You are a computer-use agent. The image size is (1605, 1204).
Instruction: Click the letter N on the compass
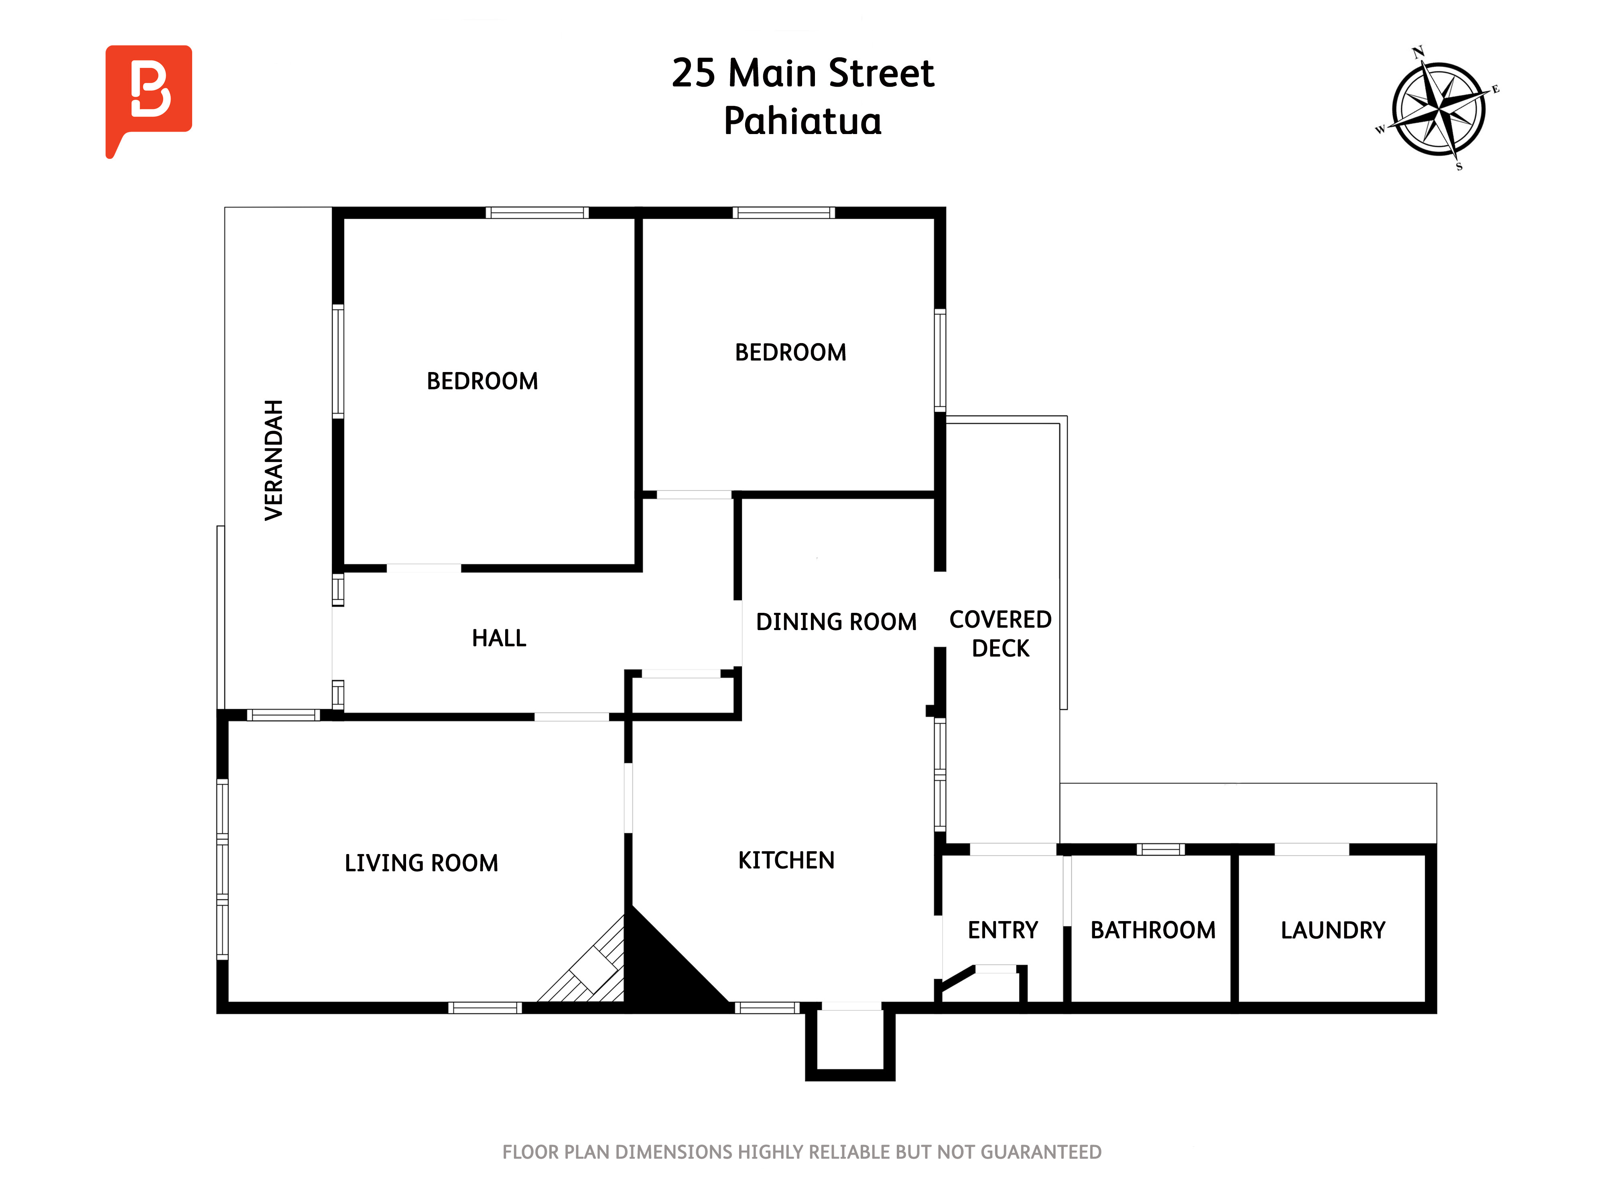pyautogui.click(x=1418, y=51)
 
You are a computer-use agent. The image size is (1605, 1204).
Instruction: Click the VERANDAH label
pyautogui.click(x=274, y=460)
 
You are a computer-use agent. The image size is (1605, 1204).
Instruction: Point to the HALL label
pyautogui.click(x=499, y=638)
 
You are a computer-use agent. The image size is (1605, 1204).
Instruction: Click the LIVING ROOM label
pyautogui.click(x=422, y=863)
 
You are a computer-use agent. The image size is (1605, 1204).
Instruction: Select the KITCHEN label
pyautogui.click(x=786, y=860)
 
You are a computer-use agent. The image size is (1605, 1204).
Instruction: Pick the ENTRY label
pyautogui.click(x=1003, y=929)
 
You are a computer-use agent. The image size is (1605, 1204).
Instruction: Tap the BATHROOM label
pyautogui.click(x=1153, y=929)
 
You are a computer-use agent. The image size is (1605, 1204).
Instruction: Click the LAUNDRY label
pyautogui.click(x=1333, y=929)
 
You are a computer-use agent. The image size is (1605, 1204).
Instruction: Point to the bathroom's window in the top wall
pyautogui.click(x=1160, y=849)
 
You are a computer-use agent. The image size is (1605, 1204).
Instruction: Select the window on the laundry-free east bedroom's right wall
pyautogui.click(x=940, y=360)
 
